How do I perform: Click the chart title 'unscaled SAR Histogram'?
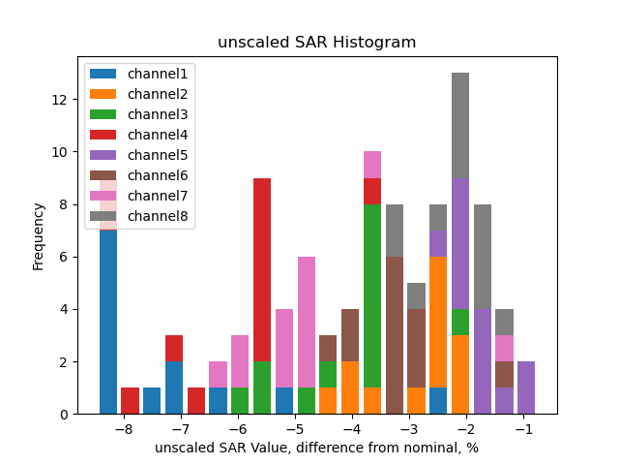[316, 43]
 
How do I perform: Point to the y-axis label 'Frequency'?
[38, 235]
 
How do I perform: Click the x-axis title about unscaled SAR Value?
[316, 448]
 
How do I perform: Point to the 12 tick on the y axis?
[60, 100]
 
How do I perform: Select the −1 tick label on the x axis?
[523, 428]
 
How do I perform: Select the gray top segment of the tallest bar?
[460, 125]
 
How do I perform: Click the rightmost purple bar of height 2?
[526, 387]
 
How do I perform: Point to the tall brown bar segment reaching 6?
[395, 335]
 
